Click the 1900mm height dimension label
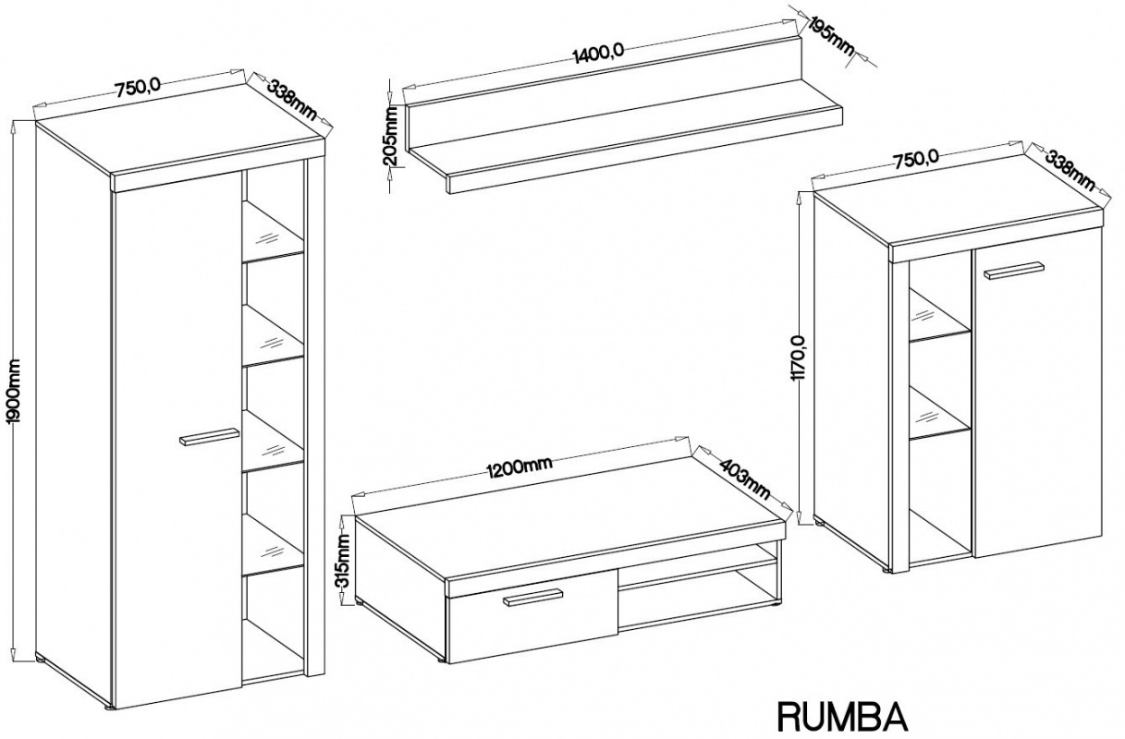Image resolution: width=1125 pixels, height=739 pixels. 14,392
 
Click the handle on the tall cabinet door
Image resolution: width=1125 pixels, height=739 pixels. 208,436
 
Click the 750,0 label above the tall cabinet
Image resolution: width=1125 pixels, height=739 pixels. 138,89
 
